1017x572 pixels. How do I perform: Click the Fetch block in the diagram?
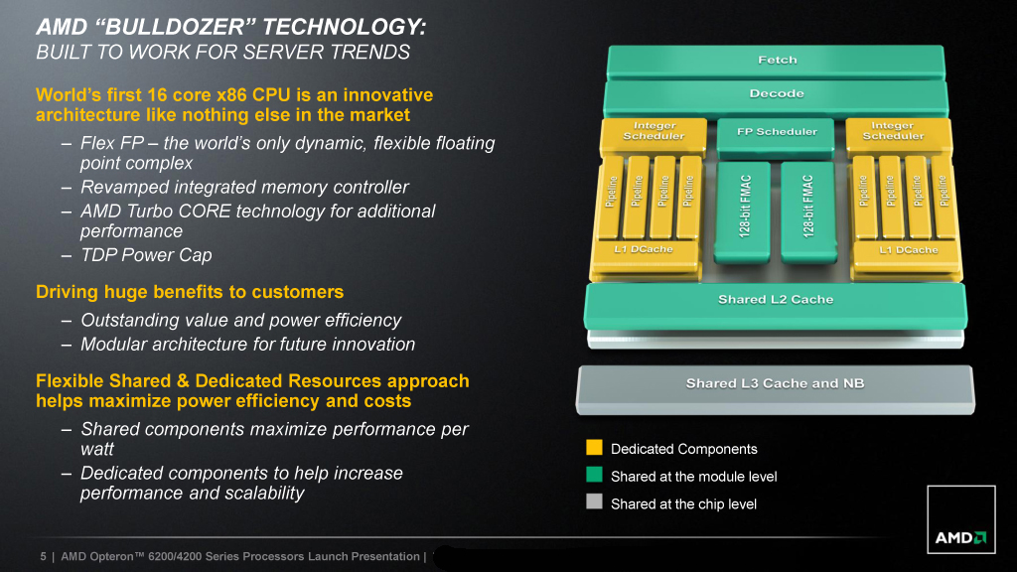pyautogui.click(x=777, y=61)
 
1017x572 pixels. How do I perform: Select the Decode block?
pyautogui.click(x=777, y=95)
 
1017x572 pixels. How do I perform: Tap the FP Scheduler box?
pyautogui.click(x=777, y=132)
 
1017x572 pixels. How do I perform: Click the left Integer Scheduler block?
pyautogui.click(x=654, y=131)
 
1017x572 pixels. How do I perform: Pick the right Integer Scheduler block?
pyautogui.click(x=893, y=131)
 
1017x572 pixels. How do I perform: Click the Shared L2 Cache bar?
pyautogui.click(x=776, y=300)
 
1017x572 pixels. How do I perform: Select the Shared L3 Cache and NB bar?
pyautogui.click(x=776, y=384)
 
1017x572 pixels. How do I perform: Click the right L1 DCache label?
pyautogui.click(x=908, y=250)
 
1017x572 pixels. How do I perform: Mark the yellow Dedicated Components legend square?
pyautogui.click(x=594, y=448)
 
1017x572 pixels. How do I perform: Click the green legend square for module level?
pyautogui.click(x=594, y=476)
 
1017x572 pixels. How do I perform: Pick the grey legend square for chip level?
pyautogui.click(x=594, y=502)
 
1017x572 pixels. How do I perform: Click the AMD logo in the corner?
pyautogui.click(x=959, y=537)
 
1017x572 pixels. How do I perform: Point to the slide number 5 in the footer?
pyautogui.click(x=43, y=556)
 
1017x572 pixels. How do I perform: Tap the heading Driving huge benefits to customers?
pyautogui.click(x=190, y=292)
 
